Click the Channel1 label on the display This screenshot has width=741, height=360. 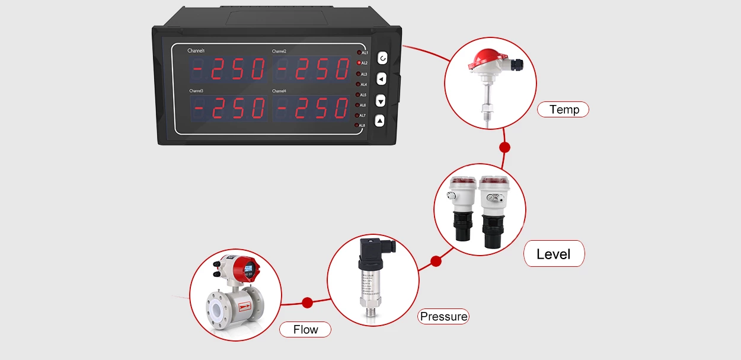(196, 51)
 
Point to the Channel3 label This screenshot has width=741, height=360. (196, 91)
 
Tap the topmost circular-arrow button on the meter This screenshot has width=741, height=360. (382, 58)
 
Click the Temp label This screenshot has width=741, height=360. (563, 109)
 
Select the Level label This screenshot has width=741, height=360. (554, 254)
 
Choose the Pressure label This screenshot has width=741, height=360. (443, 316)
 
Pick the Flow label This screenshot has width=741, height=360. (305, 329)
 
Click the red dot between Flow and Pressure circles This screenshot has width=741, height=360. (307, 303)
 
